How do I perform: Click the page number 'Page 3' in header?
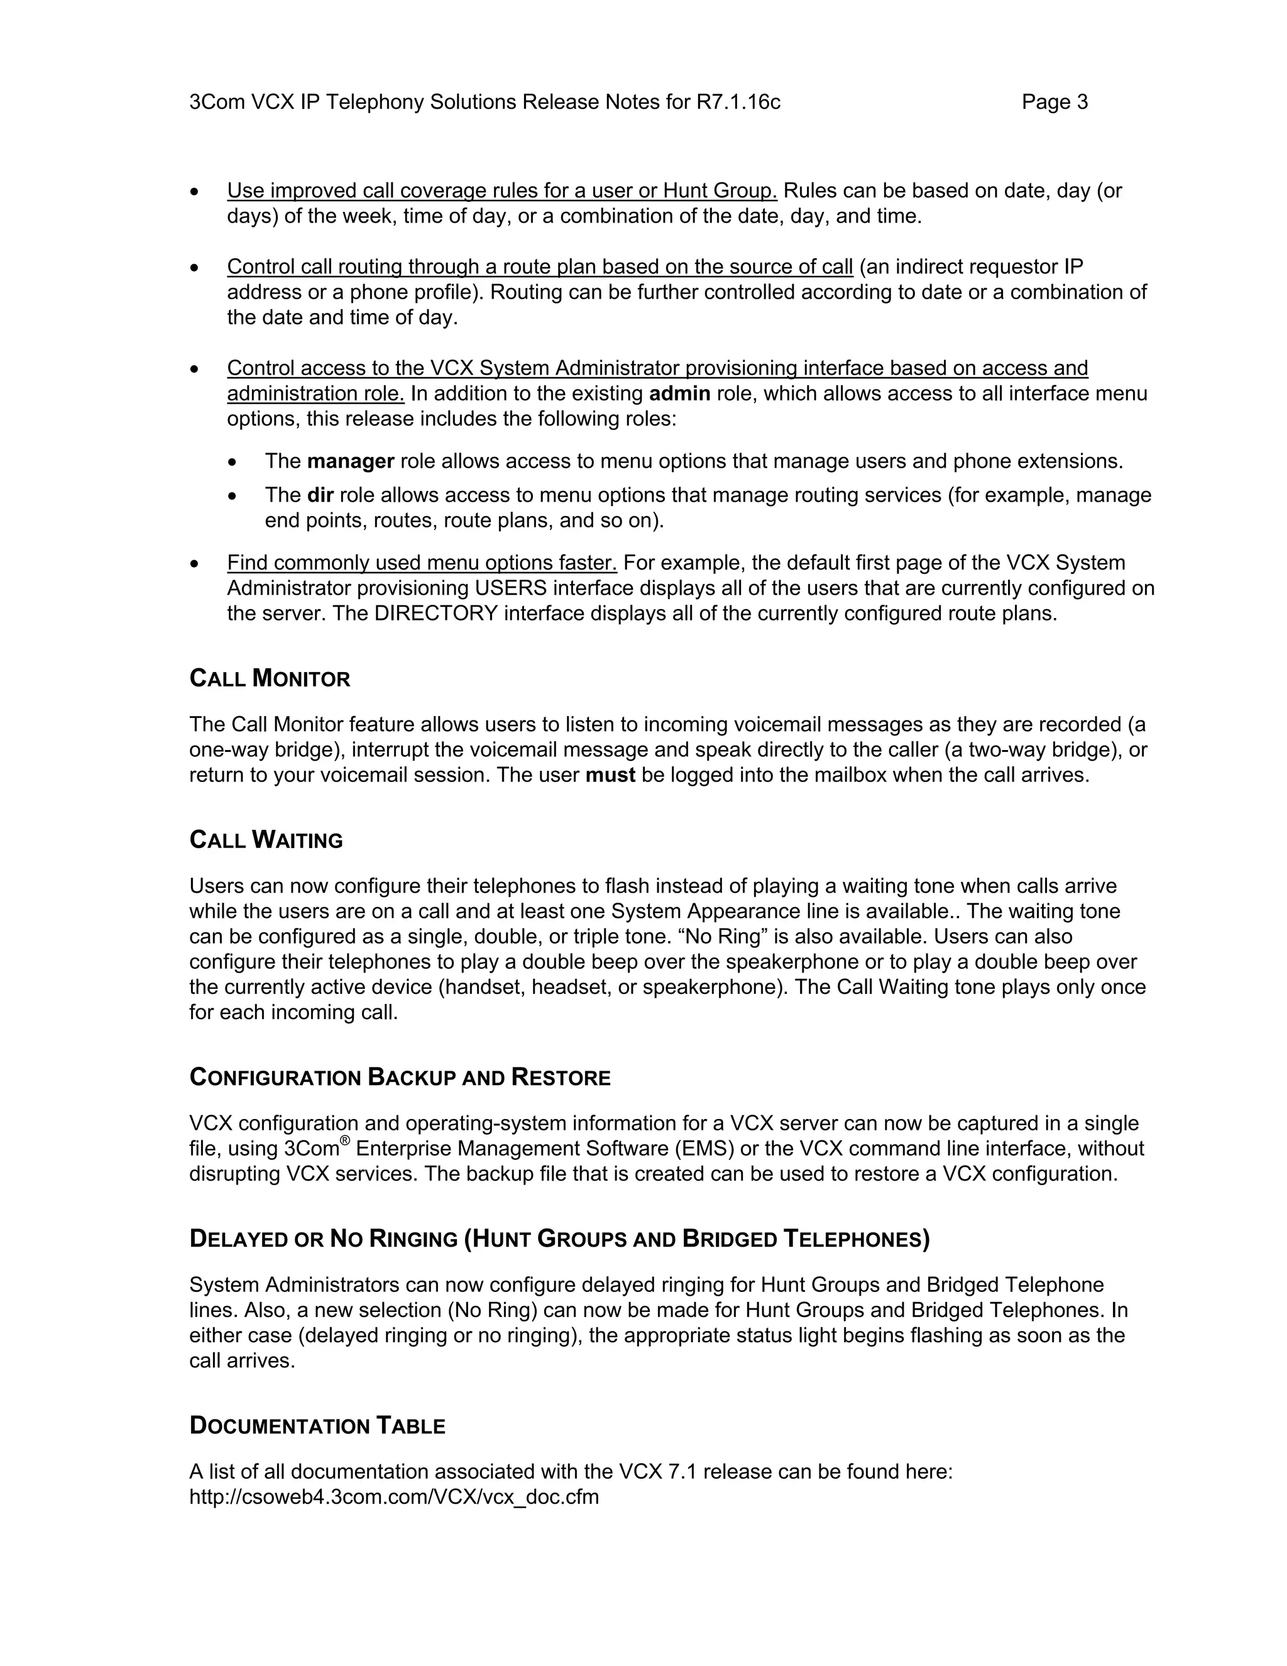[x=1054, y=102]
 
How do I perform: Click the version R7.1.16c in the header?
[x=738, y=102]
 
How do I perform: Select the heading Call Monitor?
[x=269, y=678]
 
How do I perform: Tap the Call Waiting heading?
[x=265, y=840]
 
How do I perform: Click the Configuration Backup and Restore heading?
[x=400, y=1077]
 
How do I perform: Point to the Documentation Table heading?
[x=317, y=1426]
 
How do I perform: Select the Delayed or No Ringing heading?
[x=559, y=1239]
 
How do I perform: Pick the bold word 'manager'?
[x=350, y=461]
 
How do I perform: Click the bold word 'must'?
[x=610, y=775]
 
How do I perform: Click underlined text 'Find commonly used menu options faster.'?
[x=422, y=563]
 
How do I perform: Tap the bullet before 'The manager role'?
[x=233, y=462]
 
